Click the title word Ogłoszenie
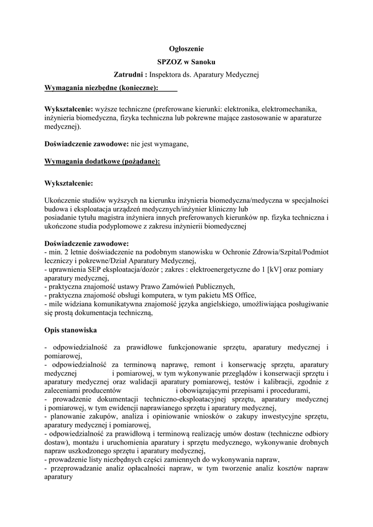pyautogui.click(x=186, y=49)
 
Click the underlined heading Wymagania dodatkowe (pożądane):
pyautogui.click(x=103, y=161)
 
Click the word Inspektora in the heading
pyautogui.click(x=166, y=75)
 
